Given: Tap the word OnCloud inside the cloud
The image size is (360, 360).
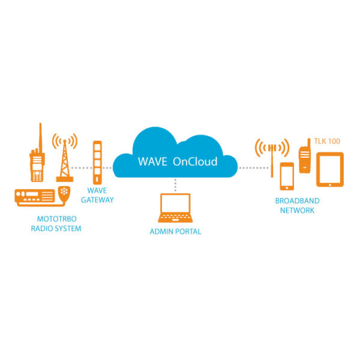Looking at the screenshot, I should coord(195,161).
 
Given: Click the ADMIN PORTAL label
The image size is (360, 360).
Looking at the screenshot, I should coord(175,232).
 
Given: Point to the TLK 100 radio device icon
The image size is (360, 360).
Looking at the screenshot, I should coord(304,157).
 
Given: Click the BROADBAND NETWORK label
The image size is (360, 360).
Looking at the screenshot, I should coord(297,206).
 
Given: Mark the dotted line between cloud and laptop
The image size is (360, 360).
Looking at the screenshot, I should coord(175,185).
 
